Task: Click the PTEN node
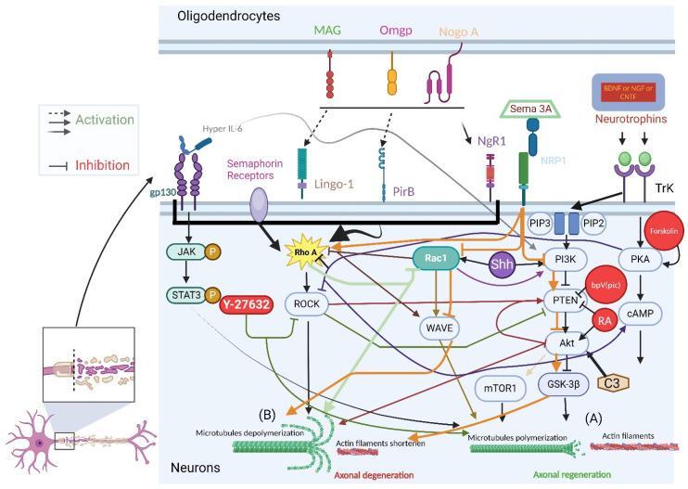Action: [559, 299]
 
